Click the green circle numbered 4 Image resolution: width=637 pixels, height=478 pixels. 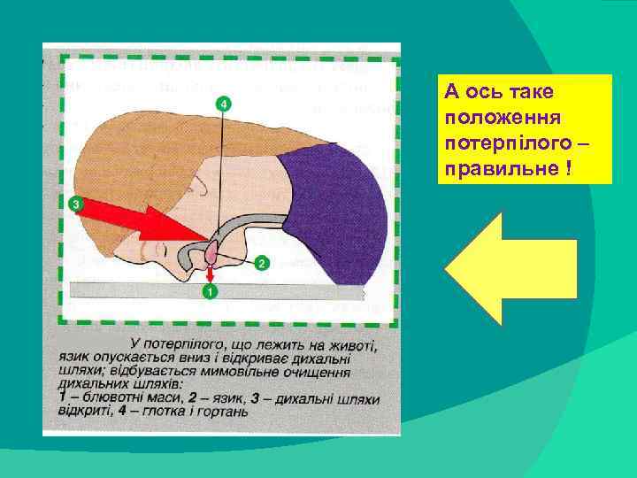(x=224, y=104)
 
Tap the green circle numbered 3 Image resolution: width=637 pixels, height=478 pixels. (x=76, y=204)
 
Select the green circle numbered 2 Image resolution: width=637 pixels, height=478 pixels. (x=261, y=263)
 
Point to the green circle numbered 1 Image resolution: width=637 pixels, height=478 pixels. (x=210, y=291)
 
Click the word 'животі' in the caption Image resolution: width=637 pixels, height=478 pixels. (x=349, y=346)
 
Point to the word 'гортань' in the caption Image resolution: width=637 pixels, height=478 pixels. (x=222, y=411)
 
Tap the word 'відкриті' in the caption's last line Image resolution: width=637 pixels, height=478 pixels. (x=85, y=411)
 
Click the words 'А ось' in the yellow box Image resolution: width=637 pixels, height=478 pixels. (x=467, y=92)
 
